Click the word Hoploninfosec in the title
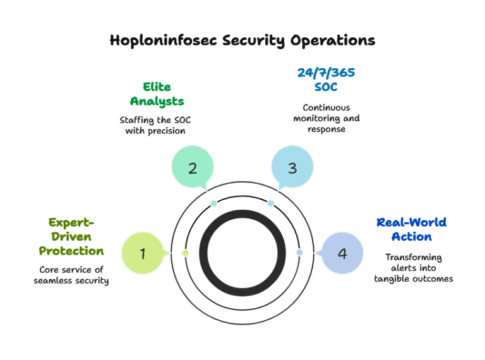[x=164, y=41]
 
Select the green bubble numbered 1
[x=143, y=254]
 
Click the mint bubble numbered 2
[x=193, y=168]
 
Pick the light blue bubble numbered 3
[x=292, y=168]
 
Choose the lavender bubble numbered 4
[x=342, y=254]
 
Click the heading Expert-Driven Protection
[x=71, y=237]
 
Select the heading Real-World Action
[x=411, y=229]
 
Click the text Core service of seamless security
[x=71, y=275]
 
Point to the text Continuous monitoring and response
[x=326, y=118]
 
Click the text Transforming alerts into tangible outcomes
[x=414, y=268]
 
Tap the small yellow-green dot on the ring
[x=185, y=253]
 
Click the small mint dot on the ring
[x=213, y=203]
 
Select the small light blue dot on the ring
[x=270, y=203]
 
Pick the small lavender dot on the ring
[x=299, y=253]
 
